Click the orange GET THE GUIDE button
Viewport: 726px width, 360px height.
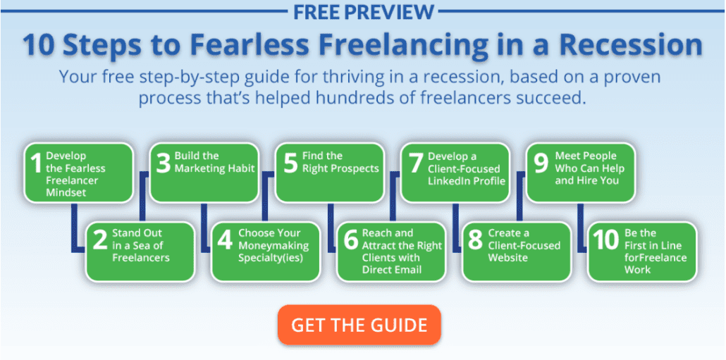coord(359,325)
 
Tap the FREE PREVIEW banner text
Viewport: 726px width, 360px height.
coord(364,11)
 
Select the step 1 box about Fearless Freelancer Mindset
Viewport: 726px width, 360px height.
coord(78,173)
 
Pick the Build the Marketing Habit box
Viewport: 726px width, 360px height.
coord(204,173)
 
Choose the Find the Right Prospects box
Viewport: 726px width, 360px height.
coord(330,173)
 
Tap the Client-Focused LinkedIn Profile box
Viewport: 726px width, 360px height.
coord(455,173)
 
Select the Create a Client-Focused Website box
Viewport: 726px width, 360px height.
coord(517,252)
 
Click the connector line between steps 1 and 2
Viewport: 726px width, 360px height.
coord(73,228)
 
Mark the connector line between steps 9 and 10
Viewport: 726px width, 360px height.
coord(579,228)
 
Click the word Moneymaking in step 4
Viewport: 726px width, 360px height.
coord(273,246)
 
